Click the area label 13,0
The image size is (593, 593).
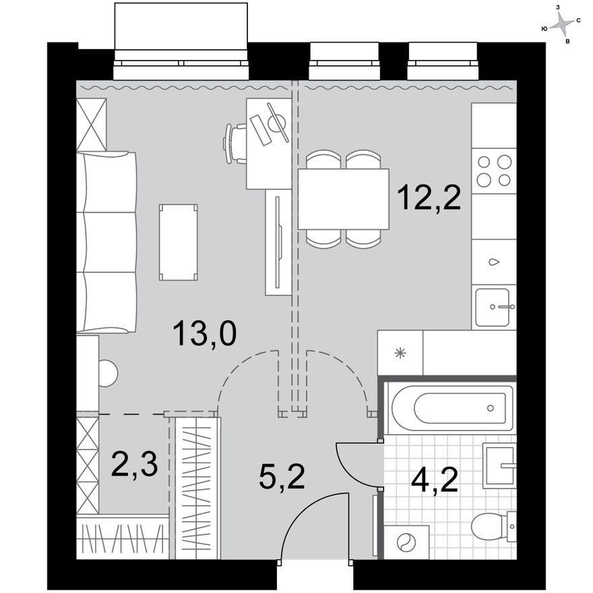[204, 333]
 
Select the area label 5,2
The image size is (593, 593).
[282, 476]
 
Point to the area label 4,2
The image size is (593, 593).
[435, 480]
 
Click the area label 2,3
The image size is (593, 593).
[134, 465]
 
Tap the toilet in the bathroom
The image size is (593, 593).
[492, 526]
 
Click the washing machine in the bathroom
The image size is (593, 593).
[406, 542]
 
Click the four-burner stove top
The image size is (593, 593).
[493, 170]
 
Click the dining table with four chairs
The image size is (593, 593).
[343, 199]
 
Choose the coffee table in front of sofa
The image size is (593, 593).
[178, 242]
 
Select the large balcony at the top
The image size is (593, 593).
[182, 34]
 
